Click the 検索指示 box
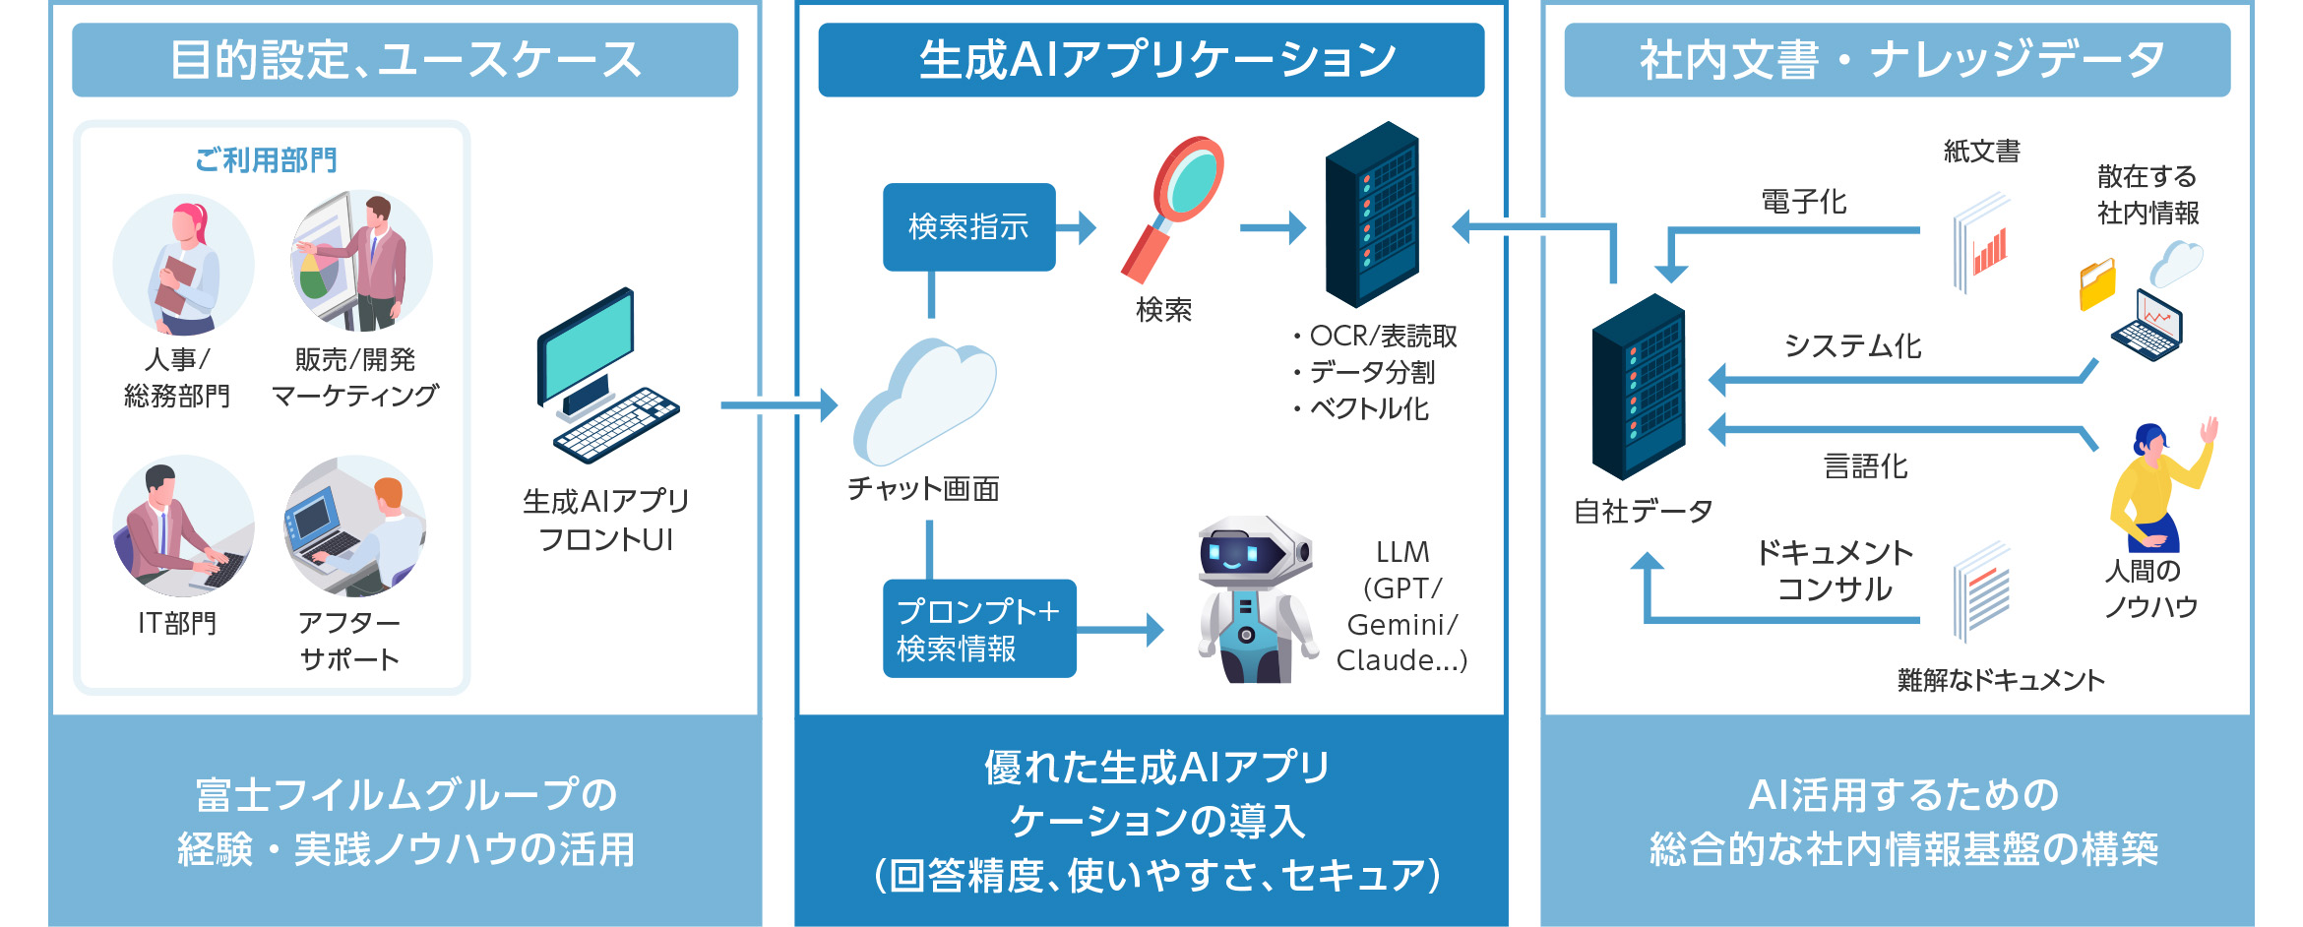[968, 227]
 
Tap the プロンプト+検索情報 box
[978, 629]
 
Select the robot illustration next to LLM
[1255, 600]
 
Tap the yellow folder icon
[2096, 285]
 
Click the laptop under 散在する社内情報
[2147, 325]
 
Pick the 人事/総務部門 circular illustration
[183, 264]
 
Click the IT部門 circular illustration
[183, 525]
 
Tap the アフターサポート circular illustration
[354, 525]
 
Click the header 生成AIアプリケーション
[1151, 60]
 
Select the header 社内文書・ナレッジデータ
[1897, 60]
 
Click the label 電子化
[1803, 202]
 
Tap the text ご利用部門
[266, 159]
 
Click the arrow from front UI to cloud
[778, 404]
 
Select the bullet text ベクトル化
[1368, 408]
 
